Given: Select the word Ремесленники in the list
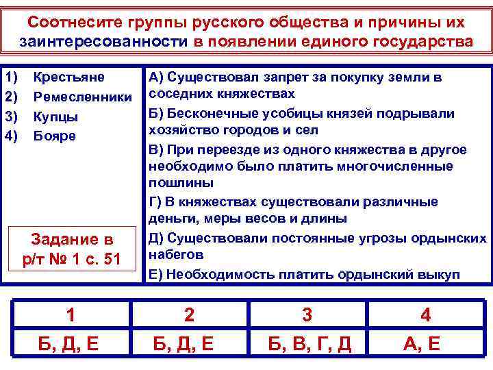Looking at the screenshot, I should (81, 97).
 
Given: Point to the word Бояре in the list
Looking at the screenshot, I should (55, 136).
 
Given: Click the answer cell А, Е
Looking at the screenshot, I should (425, 343).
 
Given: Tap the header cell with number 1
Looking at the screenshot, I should (71, 315).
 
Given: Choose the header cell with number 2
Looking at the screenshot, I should (189, 315).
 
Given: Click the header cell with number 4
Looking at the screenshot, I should (425, 315).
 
